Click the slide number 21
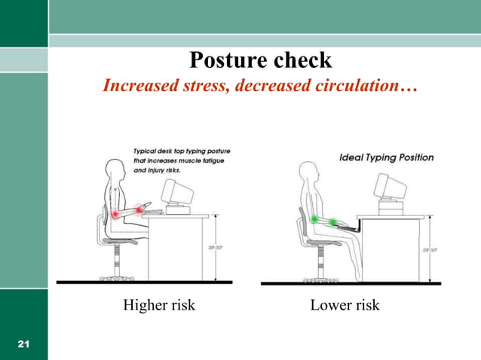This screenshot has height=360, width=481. coord(23,344)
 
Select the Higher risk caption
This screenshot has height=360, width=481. coord(158,305)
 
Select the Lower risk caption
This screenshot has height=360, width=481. coord(345,305)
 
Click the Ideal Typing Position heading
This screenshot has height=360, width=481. coord(387,157)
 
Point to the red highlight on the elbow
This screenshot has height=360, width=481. coord(115,215)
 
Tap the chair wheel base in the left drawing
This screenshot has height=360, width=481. coord(116,278)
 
